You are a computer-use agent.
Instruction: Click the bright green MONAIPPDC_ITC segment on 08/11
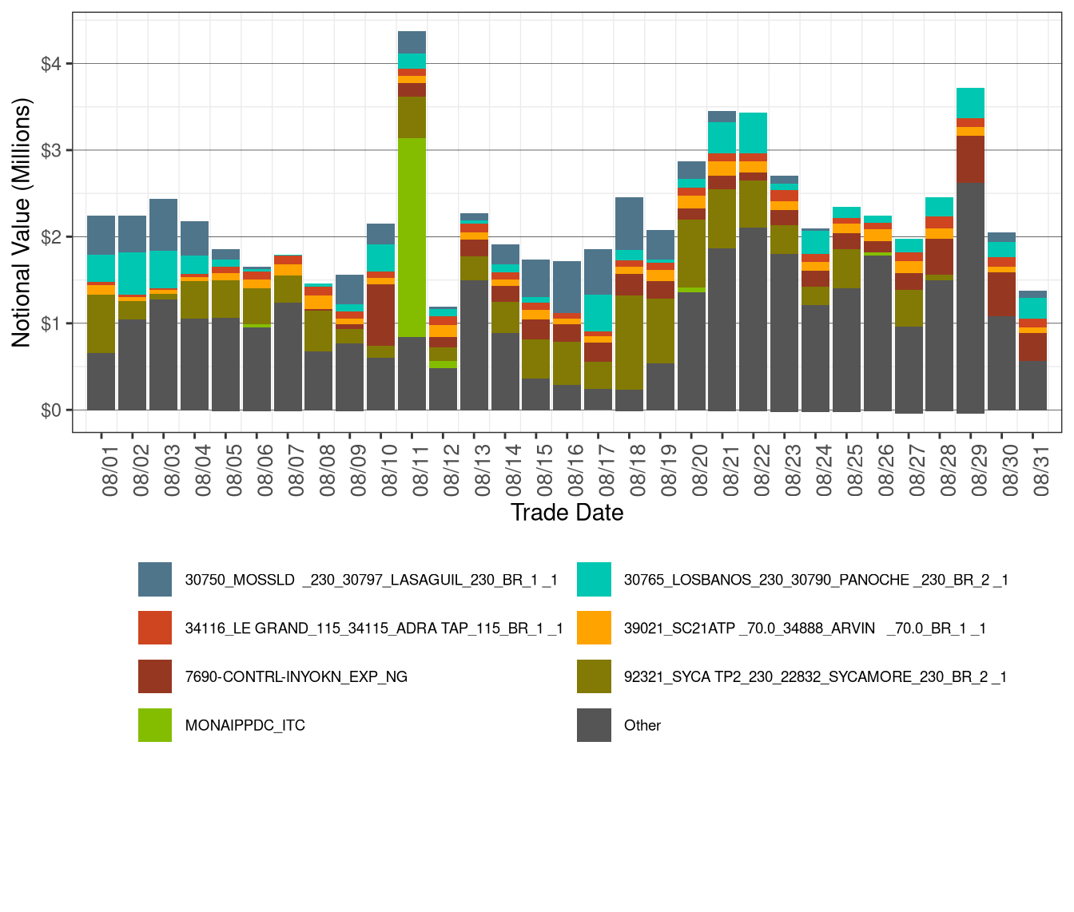412,237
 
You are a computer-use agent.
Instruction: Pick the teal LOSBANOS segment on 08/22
753,133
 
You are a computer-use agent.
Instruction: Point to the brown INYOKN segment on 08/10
380,315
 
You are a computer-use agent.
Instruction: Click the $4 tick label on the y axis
51,64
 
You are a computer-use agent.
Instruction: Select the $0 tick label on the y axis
51,410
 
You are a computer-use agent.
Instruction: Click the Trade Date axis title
567,513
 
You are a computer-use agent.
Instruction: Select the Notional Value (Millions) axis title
22,223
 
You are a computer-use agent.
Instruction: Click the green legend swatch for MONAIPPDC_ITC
155,725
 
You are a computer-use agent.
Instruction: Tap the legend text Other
642,725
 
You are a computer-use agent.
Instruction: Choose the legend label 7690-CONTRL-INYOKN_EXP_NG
296,676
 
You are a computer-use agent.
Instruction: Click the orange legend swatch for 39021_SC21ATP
594,628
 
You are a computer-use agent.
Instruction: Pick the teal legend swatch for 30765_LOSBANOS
594,580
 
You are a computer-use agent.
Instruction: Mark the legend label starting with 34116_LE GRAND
373,628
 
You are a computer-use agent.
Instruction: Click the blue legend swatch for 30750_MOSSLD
155,580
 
